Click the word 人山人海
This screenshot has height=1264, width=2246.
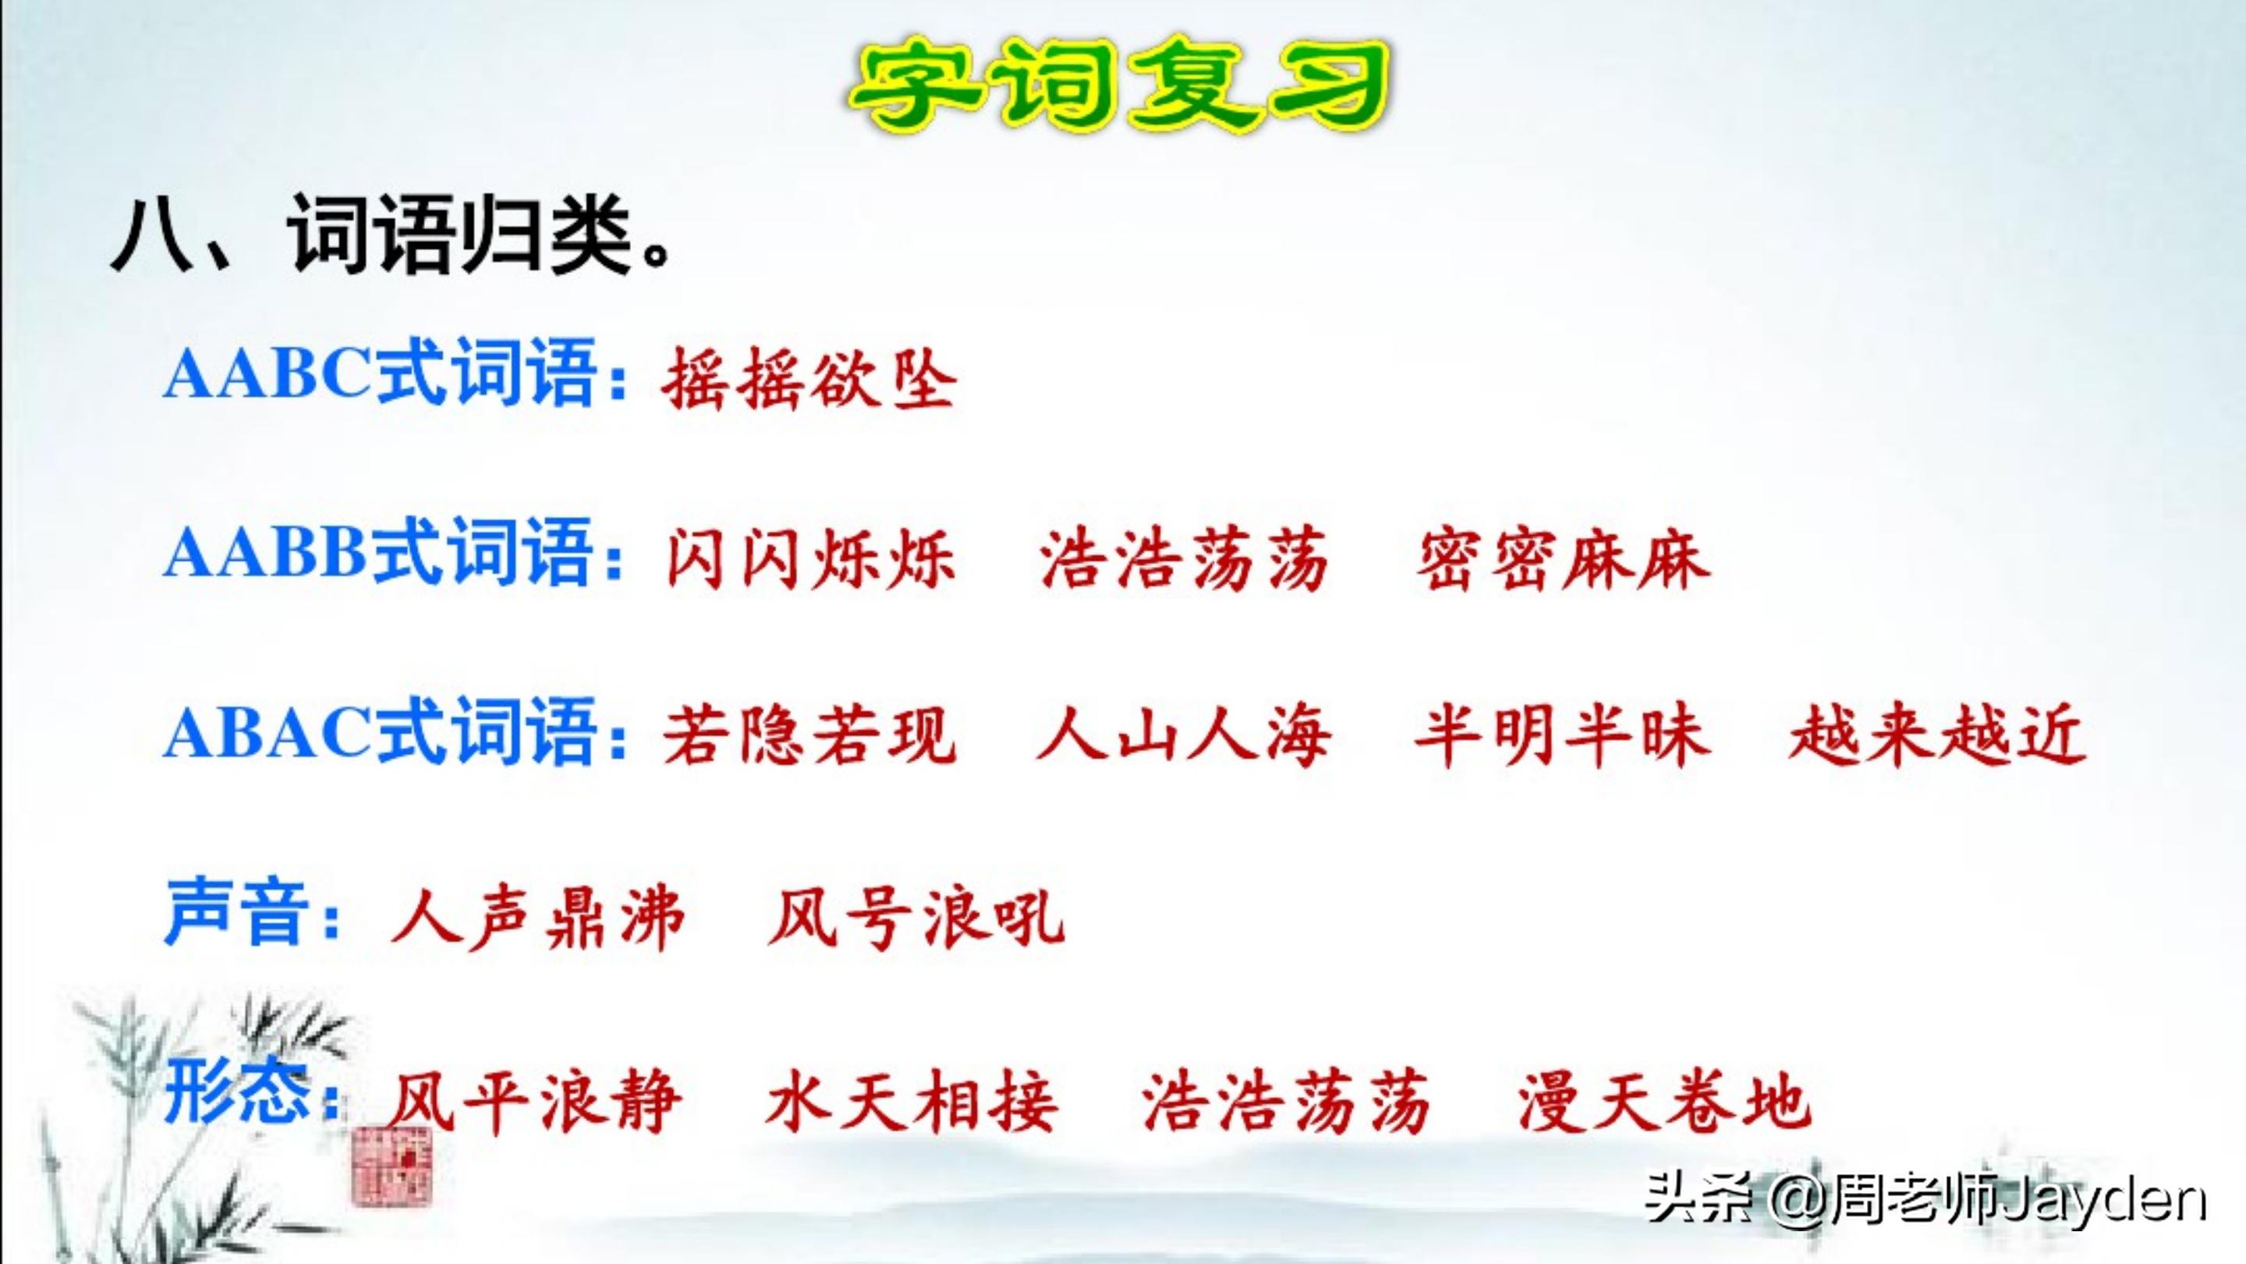[x=1183, y=738]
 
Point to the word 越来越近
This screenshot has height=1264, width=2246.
[x=1937, y=738]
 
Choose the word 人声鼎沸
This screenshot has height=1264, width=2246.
[x=537, y=919]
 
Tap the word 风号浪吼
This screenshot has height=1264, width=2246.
[x=916, y=919]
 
